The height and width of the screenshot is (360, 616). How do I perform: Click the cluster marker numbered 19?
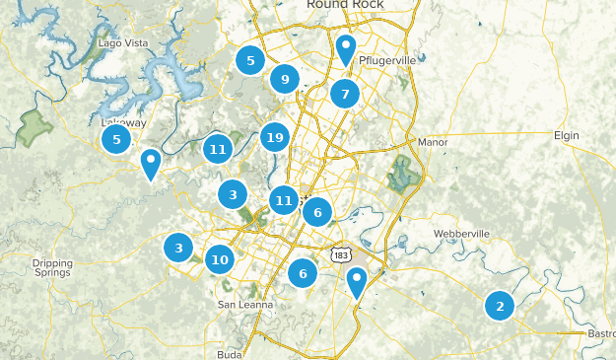pos(274,137)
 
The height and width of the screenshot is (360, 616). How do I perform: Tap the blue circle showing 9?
pos(285,80)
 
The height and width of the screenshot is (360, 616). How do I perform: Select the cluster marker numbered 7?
pos(344,95)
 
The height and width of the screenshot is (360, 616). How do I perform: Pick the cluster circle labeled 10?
pos(219,260)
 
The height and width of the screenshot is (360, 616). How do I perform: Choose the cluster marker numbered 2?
pos(500,306)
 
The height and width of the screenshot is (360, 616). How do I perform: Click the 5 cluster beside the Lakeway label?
pos(116,139)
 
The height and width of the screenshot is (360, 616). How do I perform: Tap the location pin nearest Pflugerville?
pos(345,49)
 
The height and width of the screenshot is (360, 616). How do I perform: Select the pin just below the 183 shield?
pos(358,283)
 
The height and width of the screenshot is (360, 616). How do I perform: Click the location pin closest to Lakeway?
pos(150,164)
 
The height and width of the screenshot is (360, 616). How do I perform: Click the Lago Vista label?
pos(123,43)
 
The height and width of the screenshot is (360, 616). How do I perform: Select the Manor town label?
pos(433,142)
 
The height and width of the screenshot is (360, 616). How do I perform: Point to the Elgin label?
pos(567,134)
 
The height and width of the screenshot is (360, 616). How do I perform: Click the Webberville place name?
pos(461,234)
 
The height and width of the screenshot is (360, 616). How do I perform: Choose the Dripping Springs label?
pos(52,267)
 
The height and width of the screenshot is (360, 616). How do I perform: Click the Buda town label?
pos(229,353)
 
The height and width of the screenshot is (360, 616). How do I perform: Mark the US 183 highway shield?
pos(341,254)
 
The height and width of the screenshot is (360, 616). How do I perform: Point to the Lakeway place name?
pos(123,122)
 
